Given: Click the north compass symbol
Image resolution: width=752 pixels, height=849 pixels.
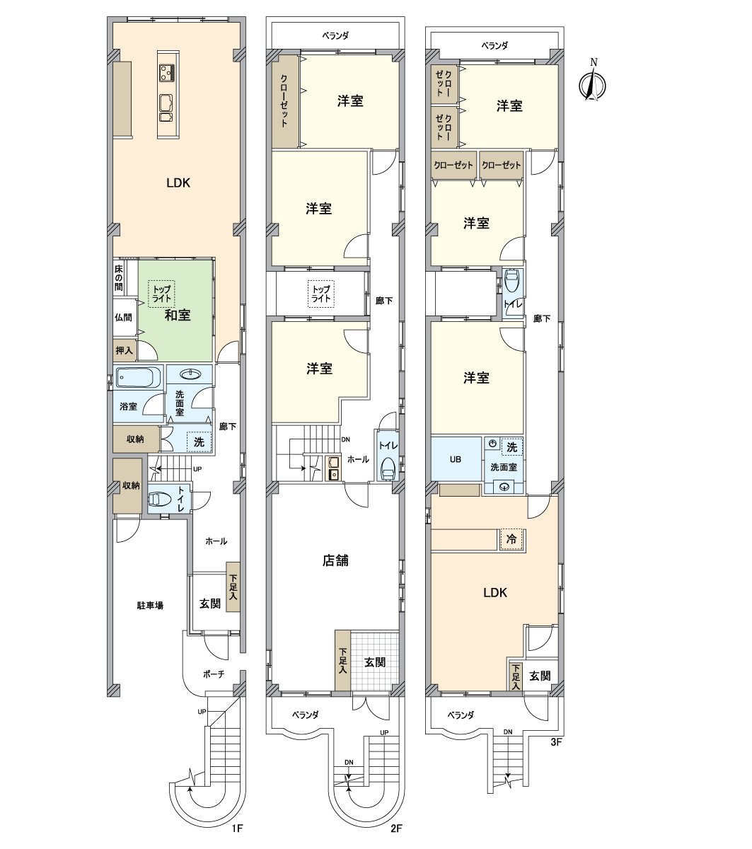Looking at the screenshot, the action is coord(592,83).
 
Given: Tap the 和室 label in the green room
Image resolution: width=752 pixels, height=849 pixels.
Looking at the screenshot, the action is coord(178,315).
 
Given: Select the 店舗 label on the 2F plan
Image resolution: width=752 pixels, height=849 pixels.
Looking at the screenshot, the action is coord(335,560).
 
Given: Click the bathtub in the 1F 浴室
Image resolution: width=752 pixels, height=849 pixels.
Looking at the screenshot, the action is coord(139,377).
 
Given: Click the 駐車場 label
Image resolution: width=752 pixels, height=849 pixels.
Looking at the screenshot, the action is coord(150,605).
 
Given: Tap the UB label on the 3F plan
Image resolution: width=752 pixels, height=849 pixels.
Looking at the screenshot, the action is coord(455,459).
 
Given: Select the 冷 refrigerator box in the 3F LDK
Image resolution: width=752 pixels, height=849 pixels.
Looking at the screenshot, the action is coord(511,538).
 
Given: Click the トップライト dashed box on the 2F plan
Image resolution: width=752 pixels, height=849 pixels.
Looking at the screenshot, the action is coord(321,294).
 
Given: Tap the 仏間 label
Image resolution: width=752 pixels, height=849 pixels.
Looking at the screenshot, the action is coord(123,317).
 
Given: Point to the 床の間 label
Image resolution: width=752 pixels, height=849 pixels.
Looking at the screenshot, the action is coord(119,277).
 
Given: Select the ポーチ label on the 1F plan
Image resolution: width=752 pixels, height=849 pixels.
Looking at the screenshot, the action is coord(214,674).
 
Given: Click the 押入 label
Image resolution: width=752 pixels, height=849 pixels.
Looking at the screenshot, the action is coord(124,350).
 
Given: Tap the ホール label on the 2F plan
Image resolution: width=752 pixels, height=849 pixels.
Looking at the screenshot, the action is coord(358,459).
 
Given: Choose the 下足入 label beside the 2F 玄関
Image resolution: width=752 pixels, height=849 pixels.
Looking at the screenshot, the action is coord(342,661).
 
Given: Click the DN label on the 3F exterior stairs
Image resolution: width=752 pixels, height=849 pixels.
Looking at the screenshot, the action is coord(508,732).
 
